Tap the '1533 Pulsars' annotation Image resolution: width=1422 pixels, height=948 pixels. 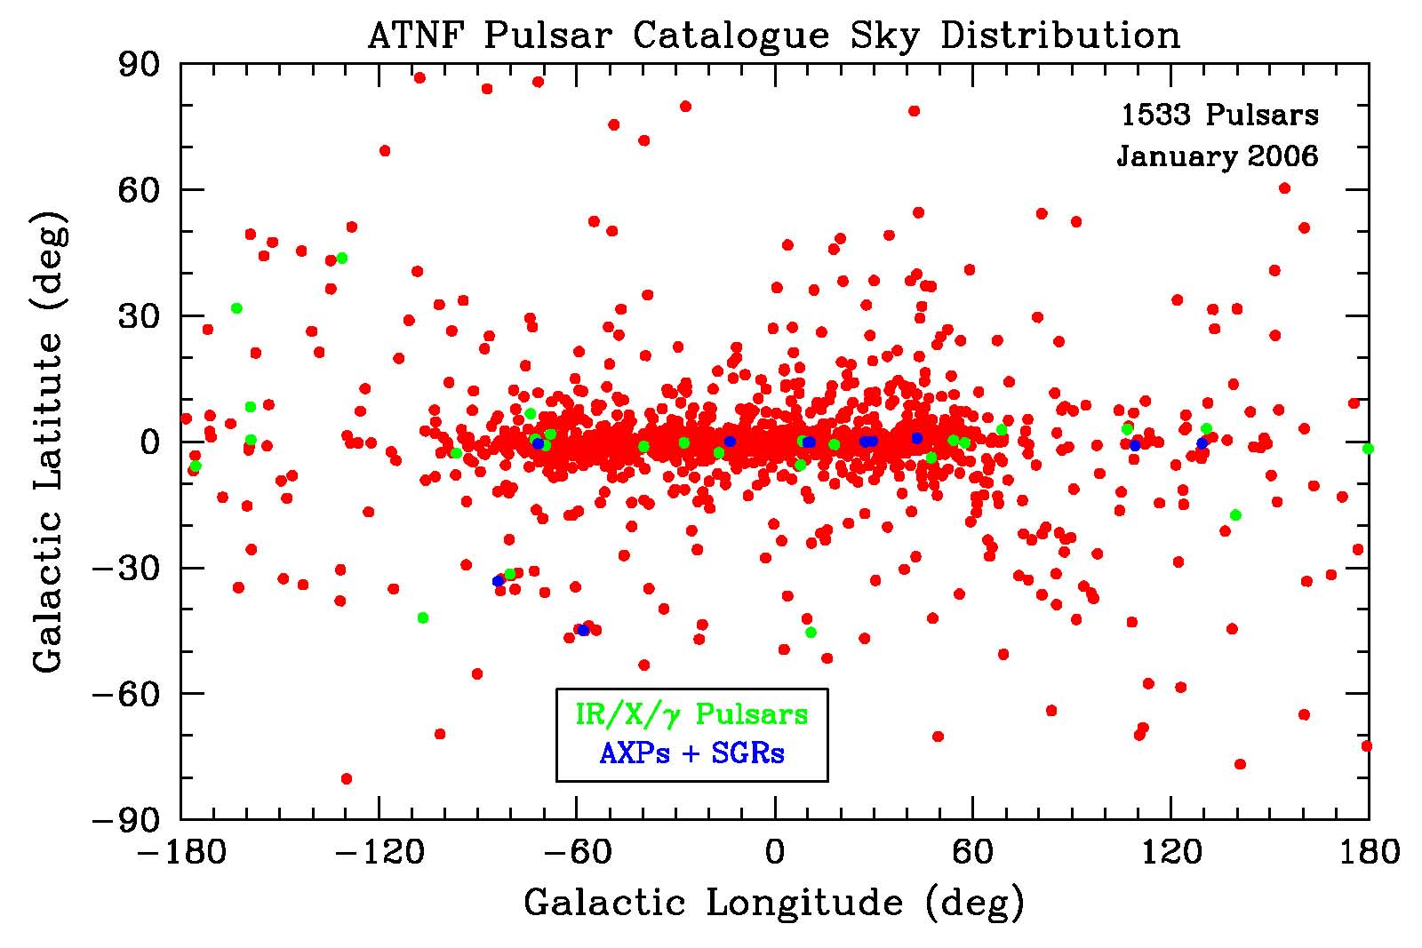1219,115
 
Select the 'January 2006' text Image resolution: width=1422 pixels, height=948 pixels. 1218,156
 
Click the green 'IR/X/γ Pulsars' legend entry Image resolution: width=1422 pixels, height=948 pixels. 691,714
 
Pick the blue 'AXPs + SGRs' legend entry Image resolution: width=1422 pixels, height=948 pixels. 691,754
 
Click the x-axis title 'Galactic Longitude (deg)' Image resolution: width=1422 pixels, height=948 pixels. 774,903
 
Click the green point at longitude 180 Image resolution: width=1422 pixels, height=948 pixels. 1368,449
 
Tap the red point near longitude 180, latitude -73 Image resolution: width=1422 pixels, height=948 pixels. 1367,745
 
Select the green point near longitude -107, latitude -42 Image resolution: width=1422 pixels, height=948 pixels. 423,617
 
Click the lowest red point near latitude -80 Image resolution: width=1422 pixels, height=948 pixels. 347,779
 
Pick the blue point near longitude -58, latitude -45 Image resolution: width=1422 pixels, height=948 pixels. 583,630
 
